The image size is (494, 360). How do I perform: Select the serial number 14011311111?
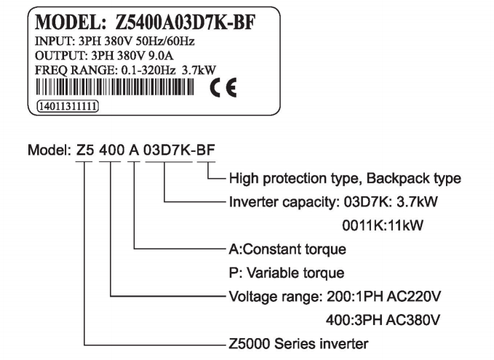[65, 105]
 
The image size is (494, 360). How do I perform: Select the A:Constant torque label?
[287, 249]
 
